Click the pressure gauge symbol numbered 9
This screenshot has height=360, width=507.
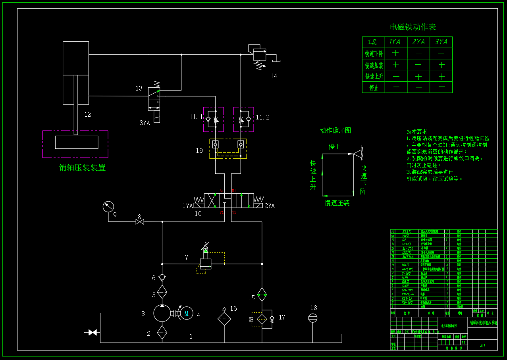tap(108, 207)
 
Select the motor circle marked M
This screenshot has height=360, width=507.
tap(186, 313)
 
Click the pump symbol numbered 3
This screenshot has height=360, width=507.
tap(162, 313)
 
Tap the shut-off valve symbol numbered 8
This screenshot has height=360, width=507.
tap(140, 222)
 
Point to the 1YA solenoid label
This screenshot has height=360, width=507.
tap(187, 206)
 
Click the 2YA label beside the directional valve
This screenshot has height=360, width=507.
tap(270, 206)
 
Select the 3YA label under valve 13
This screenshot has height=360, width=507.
tap(145, 123)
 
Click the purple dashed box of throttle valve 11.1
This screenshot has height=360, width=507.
tap(214, 119)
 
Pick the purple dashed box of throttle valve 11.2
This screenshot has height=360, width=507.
tap(243, 119)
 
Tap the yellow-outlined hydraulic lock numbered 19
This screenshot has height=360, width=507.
tap(228, 149)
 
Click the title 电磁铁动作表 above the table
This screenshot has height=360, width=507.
tap(413, 27)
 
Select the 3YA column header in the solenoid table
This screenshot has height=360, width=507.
tap(441, 42)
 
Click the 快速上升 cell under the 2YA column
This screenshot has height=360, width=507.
tap(418, 76)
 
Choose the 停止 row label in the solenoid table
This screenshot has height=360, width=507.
tap(374, 88)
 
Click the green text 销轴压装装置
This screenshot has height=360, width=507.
tap(82, 167)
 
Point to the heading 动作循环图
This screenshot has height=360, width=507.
tap(335, 131)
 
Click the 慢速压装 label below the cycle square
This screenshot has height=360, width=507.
tap(337, 203)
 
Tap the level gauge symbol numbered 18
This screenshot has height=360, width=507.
tap(313, 318)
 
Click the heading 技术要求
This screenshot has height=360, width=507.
tap(417, 131)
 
